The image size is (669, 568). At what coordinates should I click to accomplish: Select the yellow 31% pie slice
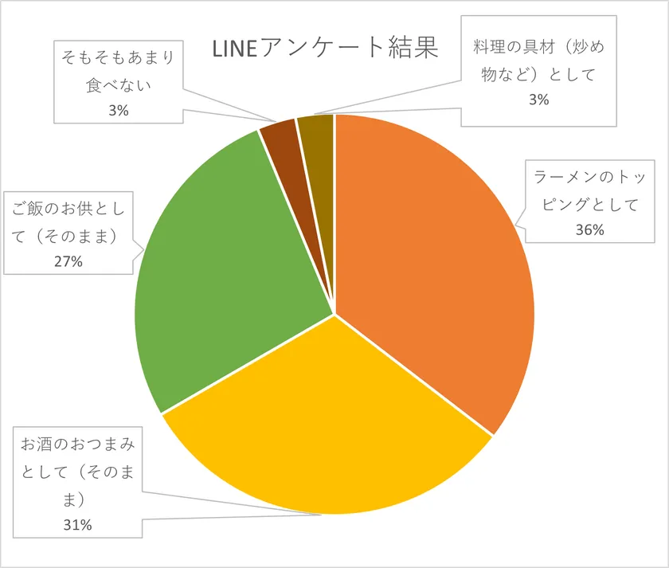327,430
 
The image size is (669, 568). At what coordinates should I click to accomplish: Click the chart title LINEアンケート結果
325,49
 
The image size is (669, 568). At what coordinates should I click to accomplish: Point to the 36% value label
589,230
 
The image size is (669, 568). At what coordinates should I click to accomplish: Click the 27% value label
68,261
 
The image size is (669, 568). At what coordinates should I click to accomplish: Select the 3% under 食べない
118,111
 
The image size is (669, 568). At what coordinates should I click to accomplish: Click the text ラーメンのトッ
589,178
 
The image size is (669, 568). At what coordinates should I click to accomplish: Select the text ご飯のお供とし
69,210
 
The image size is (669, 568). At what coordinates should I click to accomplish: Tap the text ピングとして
589,204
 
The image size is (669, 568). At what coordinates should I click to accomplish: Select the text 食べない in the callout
118,84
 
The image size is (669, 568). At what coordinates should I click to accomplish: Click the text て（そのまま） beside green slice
69,236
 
